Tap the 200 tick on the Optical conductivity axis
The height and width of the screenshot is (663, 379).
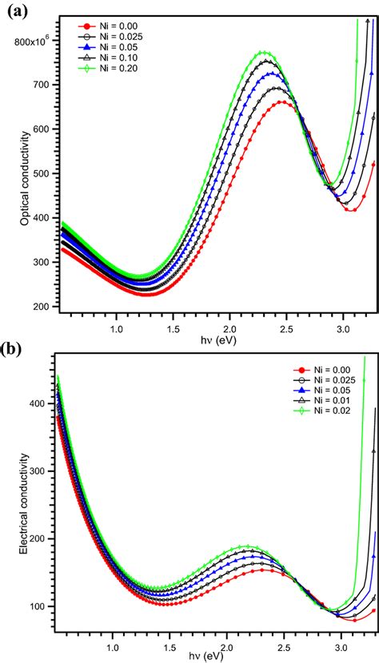pyautogui.click(x=41, y=307)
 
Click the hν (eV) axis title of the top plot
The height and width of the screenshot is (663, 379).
pyautogui.click(x=216, y=339)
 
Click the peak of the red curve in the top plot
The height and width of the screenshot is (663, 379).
pyautogui.click(x=284, y=101)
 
